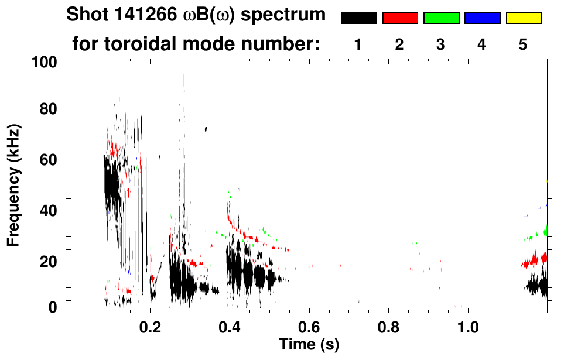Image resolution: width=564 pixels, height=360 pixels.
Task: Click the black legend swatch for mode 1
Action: tap(358, 18)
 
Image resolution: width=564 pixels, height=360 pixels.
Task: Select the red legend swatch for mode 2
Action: tap(400, 18)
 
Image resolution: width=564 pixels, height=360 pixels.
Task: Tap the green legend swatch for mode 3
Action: tap(441, 18)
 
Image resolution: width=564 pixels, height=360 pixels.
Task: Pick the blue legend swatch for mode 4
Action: tap(482, 18)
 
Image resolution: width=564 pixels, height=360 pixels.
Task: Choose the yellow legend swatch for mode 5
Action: tap(524, 18)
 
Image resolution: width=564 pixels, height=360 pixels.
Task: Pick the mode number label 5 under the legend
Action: tap(523, 44)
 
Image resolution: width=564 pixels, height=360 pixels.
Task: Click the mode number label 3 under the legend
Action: tap(440, 44)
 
